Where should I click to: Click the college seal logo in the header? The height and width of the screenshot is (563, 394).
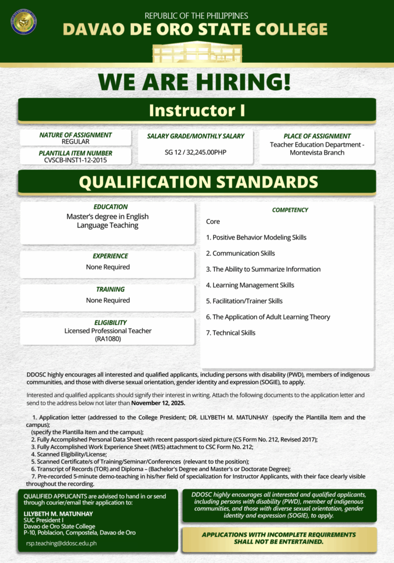click(x=24, y=22)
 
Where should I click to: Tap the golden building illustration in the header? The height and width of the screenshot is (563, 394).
click(x=196, y=52)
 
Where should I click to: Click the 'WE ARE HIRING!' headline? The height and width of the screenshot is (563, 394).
click(x=195, y=82)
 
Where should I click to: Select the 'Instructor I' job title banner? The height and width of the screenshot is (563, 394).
click(x=197, y=110)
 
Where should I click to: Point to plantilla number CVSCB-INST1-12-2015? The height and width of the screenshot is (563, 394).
click(x=75, y=160)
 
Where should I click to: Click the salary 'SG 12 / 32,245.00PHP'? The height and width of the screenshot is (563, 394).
click(x=196, y=152)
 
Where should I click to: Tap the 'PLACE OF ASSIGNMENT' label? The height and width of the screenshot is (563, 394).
click(x=317, y=136)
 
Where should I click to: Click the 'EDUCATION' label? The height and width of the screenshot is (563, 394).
click(x=110, y=207)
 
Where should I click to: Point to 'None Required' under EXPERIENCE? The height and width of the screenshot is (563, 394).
click(x=108, y=267)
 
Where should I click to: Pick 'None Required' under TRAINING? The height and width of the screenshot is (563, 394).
click(x=108, y=300)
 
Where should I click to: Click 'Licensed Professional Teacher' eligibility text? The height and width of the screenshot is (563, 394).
click(x=108, y=331)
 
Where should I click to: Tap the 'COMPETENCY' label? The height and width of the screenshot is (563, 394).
click(x=290, y=210)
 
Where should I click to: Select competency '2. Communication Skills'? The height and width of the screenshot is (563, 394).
click(x=240, y=253)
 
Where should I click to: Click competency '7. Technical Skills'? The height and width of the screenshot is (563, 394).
click(x=230, y=333)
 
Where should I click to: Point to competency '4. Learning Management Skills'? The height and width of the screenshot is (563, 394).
click(x=249, y=285)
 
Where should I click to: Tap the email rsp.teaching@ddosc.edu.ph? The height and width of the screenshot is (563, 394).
click(x=62, y=543)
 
